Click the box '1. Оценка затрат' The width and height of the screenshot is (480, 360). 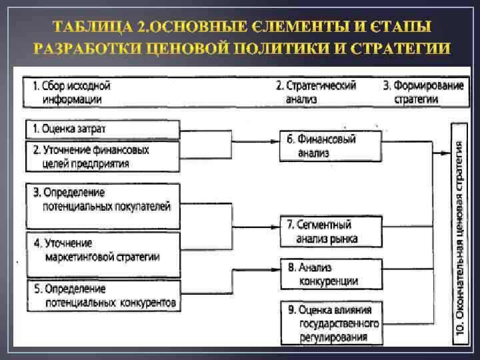[103, 129]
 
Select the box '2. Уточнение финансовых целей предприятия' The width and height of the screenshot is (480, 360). [103, 157]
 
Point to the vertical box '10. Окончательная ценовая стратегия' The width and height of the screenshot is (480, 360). [459, 233]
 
